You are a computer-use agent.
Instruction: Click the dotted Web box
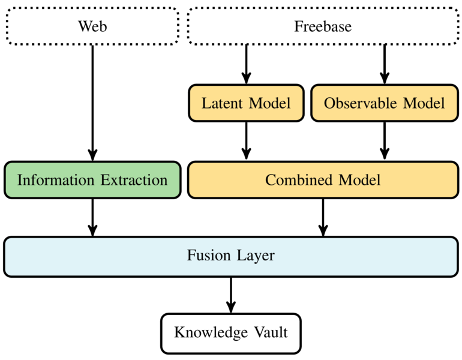(92, 26)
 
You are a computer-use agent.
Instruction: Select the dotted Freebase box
(323, 26)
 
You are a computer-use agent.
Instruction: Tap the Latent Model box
(245, 103)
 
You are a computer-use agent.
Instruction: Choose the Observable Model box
(385, 103)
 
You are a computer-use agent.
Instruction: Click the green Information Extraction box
(92, 180)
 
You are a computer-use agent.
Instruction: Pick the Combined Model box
(323, 180)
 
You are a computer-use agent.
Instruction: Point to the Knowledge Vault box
(230, 332)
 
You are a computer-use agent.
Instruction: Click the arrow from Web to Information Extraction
(92, 102)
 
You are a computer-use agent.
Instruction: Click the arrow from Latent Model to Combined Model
(245, 142)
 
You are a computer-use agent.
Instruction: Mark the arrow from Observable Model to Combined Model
(385, 142)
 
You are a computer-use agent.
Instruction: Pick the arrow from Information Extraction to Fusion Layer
(92, 217)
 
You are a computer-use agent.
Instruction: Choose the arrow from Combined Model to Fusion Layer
(323, 217)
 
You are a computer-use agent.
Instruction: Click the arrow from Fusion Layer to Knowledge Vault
(230, 295)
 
